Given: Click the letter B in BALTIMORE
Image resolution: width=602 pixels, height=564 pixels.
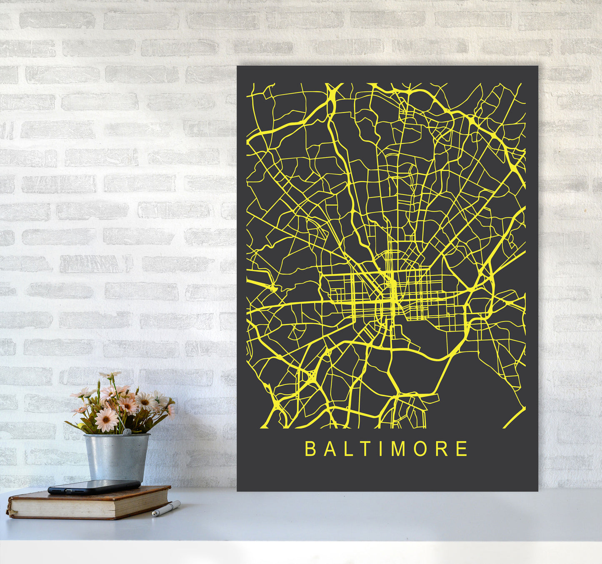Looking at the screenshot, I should [310, 449].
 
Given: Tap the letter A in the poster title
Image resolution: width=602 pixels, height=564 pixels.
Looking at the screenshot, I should [329, 449].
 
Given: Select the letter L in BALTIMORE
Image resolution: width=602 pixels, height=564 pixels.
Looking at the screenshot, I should [348, 449].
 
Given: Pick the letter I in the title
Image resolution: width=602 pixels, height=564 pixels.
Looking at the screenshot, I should [381, 449].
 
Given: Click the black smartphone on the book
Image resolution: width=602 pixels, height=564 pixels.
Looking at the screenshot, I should [94, 486].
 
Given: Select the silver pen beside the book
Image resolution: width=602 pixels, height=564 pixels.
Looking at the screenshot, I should [167, 509].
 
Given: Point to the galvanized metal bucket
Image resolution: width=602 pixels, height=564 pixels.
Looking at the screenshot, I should [117, 456].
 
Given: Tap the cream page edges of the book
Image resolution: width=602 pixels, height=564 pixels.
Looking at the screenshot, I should [83, 505].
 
